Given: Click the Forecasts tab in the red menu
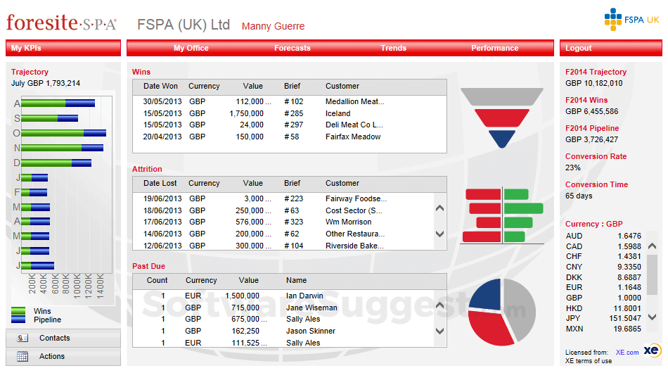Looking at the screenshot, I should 292,48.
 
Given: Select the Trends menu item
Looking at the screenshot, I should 393,48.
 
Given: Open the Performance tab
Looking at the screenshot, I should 494,48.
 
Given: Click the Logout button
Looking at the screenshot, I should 579,48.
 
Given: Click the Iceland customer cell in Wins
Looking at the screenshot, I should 338,113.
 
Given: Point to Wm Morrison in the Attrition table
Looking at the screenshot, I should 348,222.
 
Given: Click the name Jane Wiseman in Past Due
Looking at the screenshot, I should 311,308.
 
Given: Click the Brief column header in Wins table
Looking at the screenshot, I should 292,86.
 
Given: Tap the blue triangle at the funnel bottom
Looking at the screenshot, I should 502,139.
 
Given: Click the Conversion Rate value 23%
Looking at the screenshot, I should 572,167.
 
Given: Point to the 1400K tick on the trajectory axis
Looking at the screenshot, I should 100,284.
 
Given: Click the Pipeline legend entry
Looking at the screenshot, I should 47,320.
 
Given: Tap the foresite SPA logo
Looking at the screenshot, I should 62,23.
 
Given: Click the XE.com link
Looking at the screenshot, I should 627,352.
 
